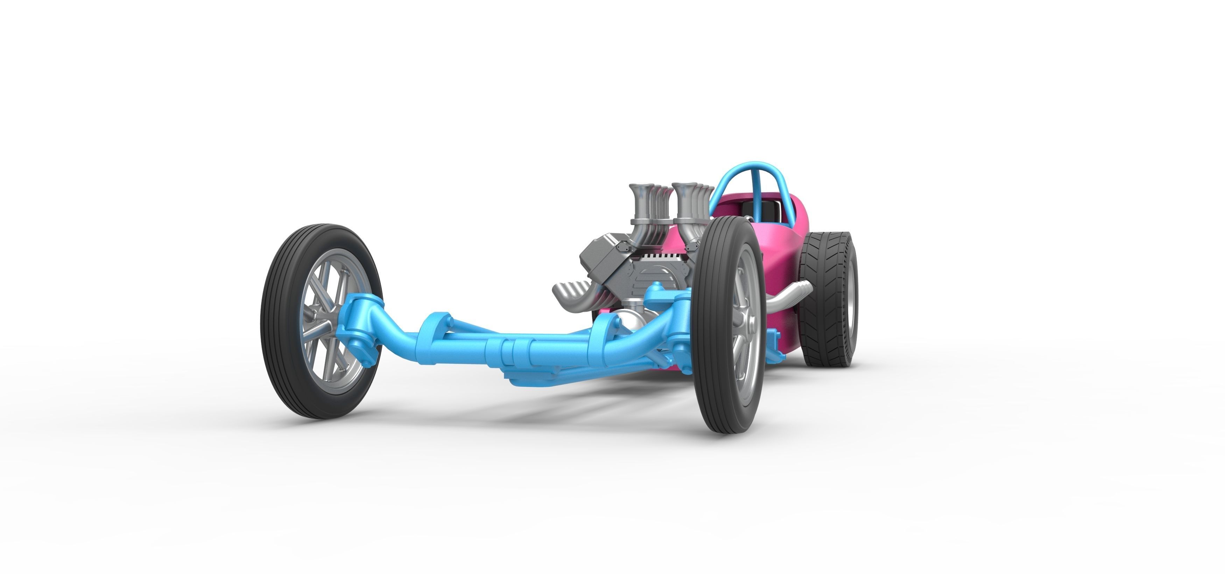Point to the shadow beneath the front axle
571,409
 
